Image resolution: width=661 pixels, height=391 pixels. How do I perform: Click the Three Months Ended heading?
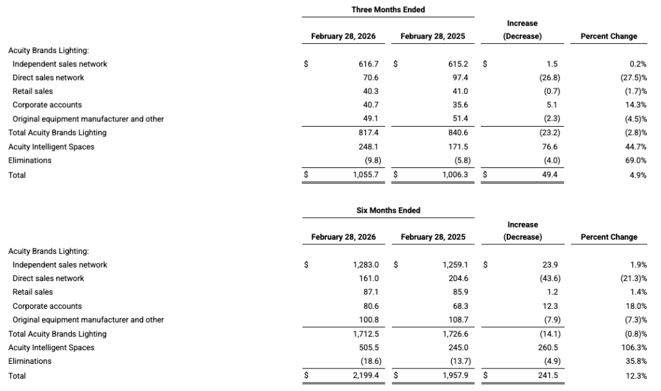coord(388,9)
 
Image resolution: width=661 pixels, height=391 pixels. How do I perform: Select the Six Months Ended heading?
coord(388,210)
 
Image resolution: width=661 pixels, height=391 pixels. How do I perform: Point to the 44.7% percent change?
coord(636,147)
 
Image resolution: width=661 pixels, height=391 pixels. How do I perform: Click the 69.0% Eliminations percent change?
coord(636,160)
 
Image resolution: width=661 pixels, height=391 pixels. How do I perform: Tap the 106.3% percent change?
coord(634,348)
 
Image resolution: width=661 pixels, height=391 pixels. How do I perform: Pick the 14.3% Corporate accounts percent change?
coord(636,105)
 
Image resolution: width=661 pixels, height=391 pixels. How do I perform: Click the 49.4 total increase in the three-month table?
coord(549,174)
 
